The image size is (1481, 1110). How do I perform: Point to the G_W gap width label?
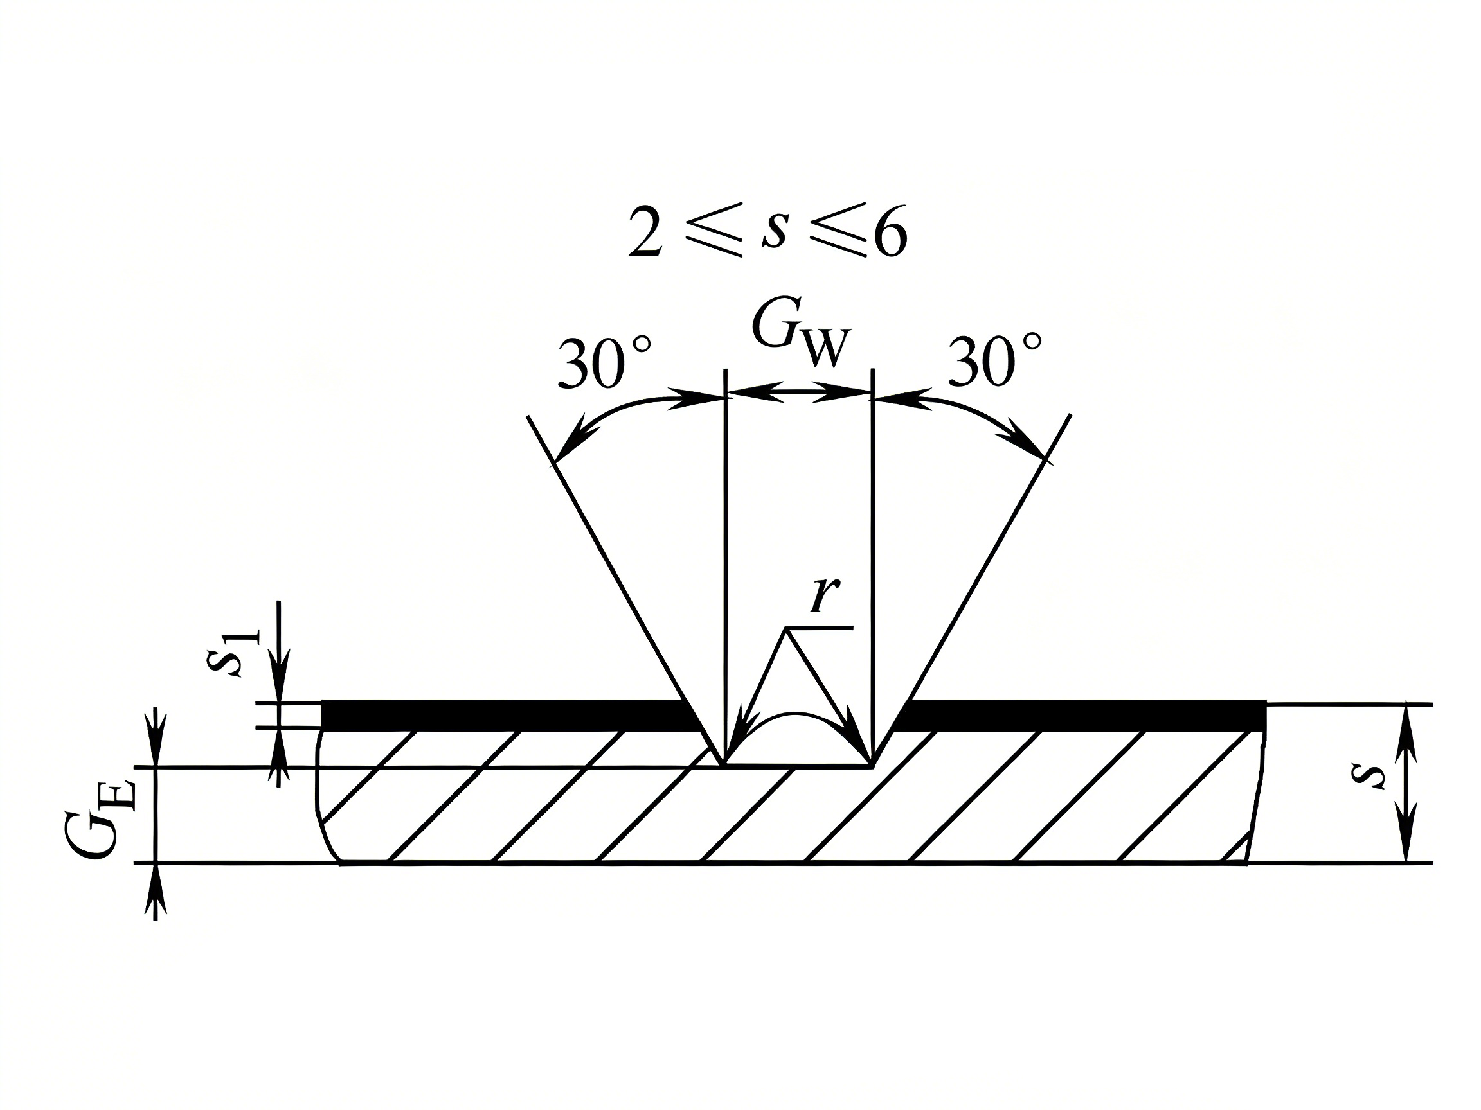pyautogui.click(x=801, y=335)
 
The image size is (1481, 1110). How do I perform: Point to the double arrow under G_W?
pyautogui.click(x=799, y=392)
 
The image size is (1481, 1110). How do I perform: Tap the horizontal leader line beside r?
pyautogui.click(x=820, y=628)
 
